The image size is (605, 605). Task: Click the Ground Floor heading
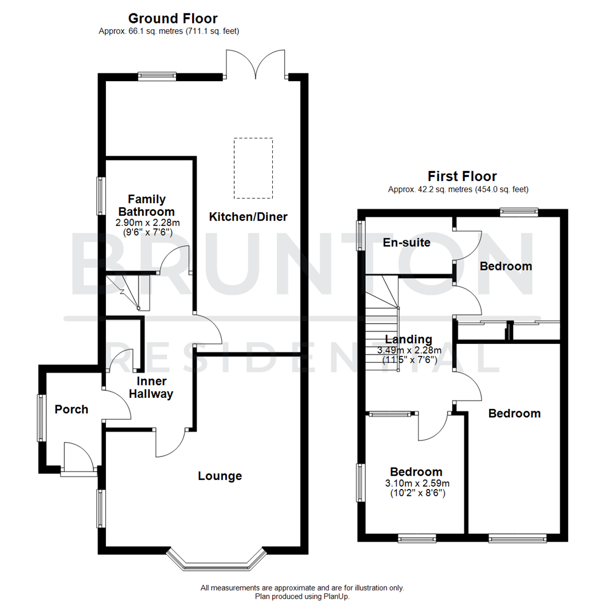(x=173, y=18)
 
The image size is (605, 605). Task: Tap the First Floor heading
(x=462, y=176)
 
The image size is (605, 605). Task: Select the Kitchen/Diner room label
(x=248, y=216)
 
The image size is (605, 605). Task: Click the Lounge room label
(x=220, y=476)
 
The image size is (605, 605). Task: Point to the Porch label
(x=71, y=409)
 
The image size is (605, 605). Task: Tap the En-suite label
(x=406, y=243)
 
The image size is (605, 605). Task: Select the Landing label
(x=408, y=339)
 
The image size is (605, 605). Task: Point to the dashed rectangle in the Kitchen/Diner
(x=253, y=168)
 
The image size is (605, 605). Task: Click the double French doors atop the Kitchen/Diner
(x=256, y=64)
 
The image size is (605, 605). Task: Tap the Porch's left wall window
(x=41, y=417)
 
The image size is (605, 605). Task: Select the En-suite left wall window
(x=361, y=234)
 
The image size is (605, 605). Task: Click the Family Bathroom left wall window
(x=101, y=196)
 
